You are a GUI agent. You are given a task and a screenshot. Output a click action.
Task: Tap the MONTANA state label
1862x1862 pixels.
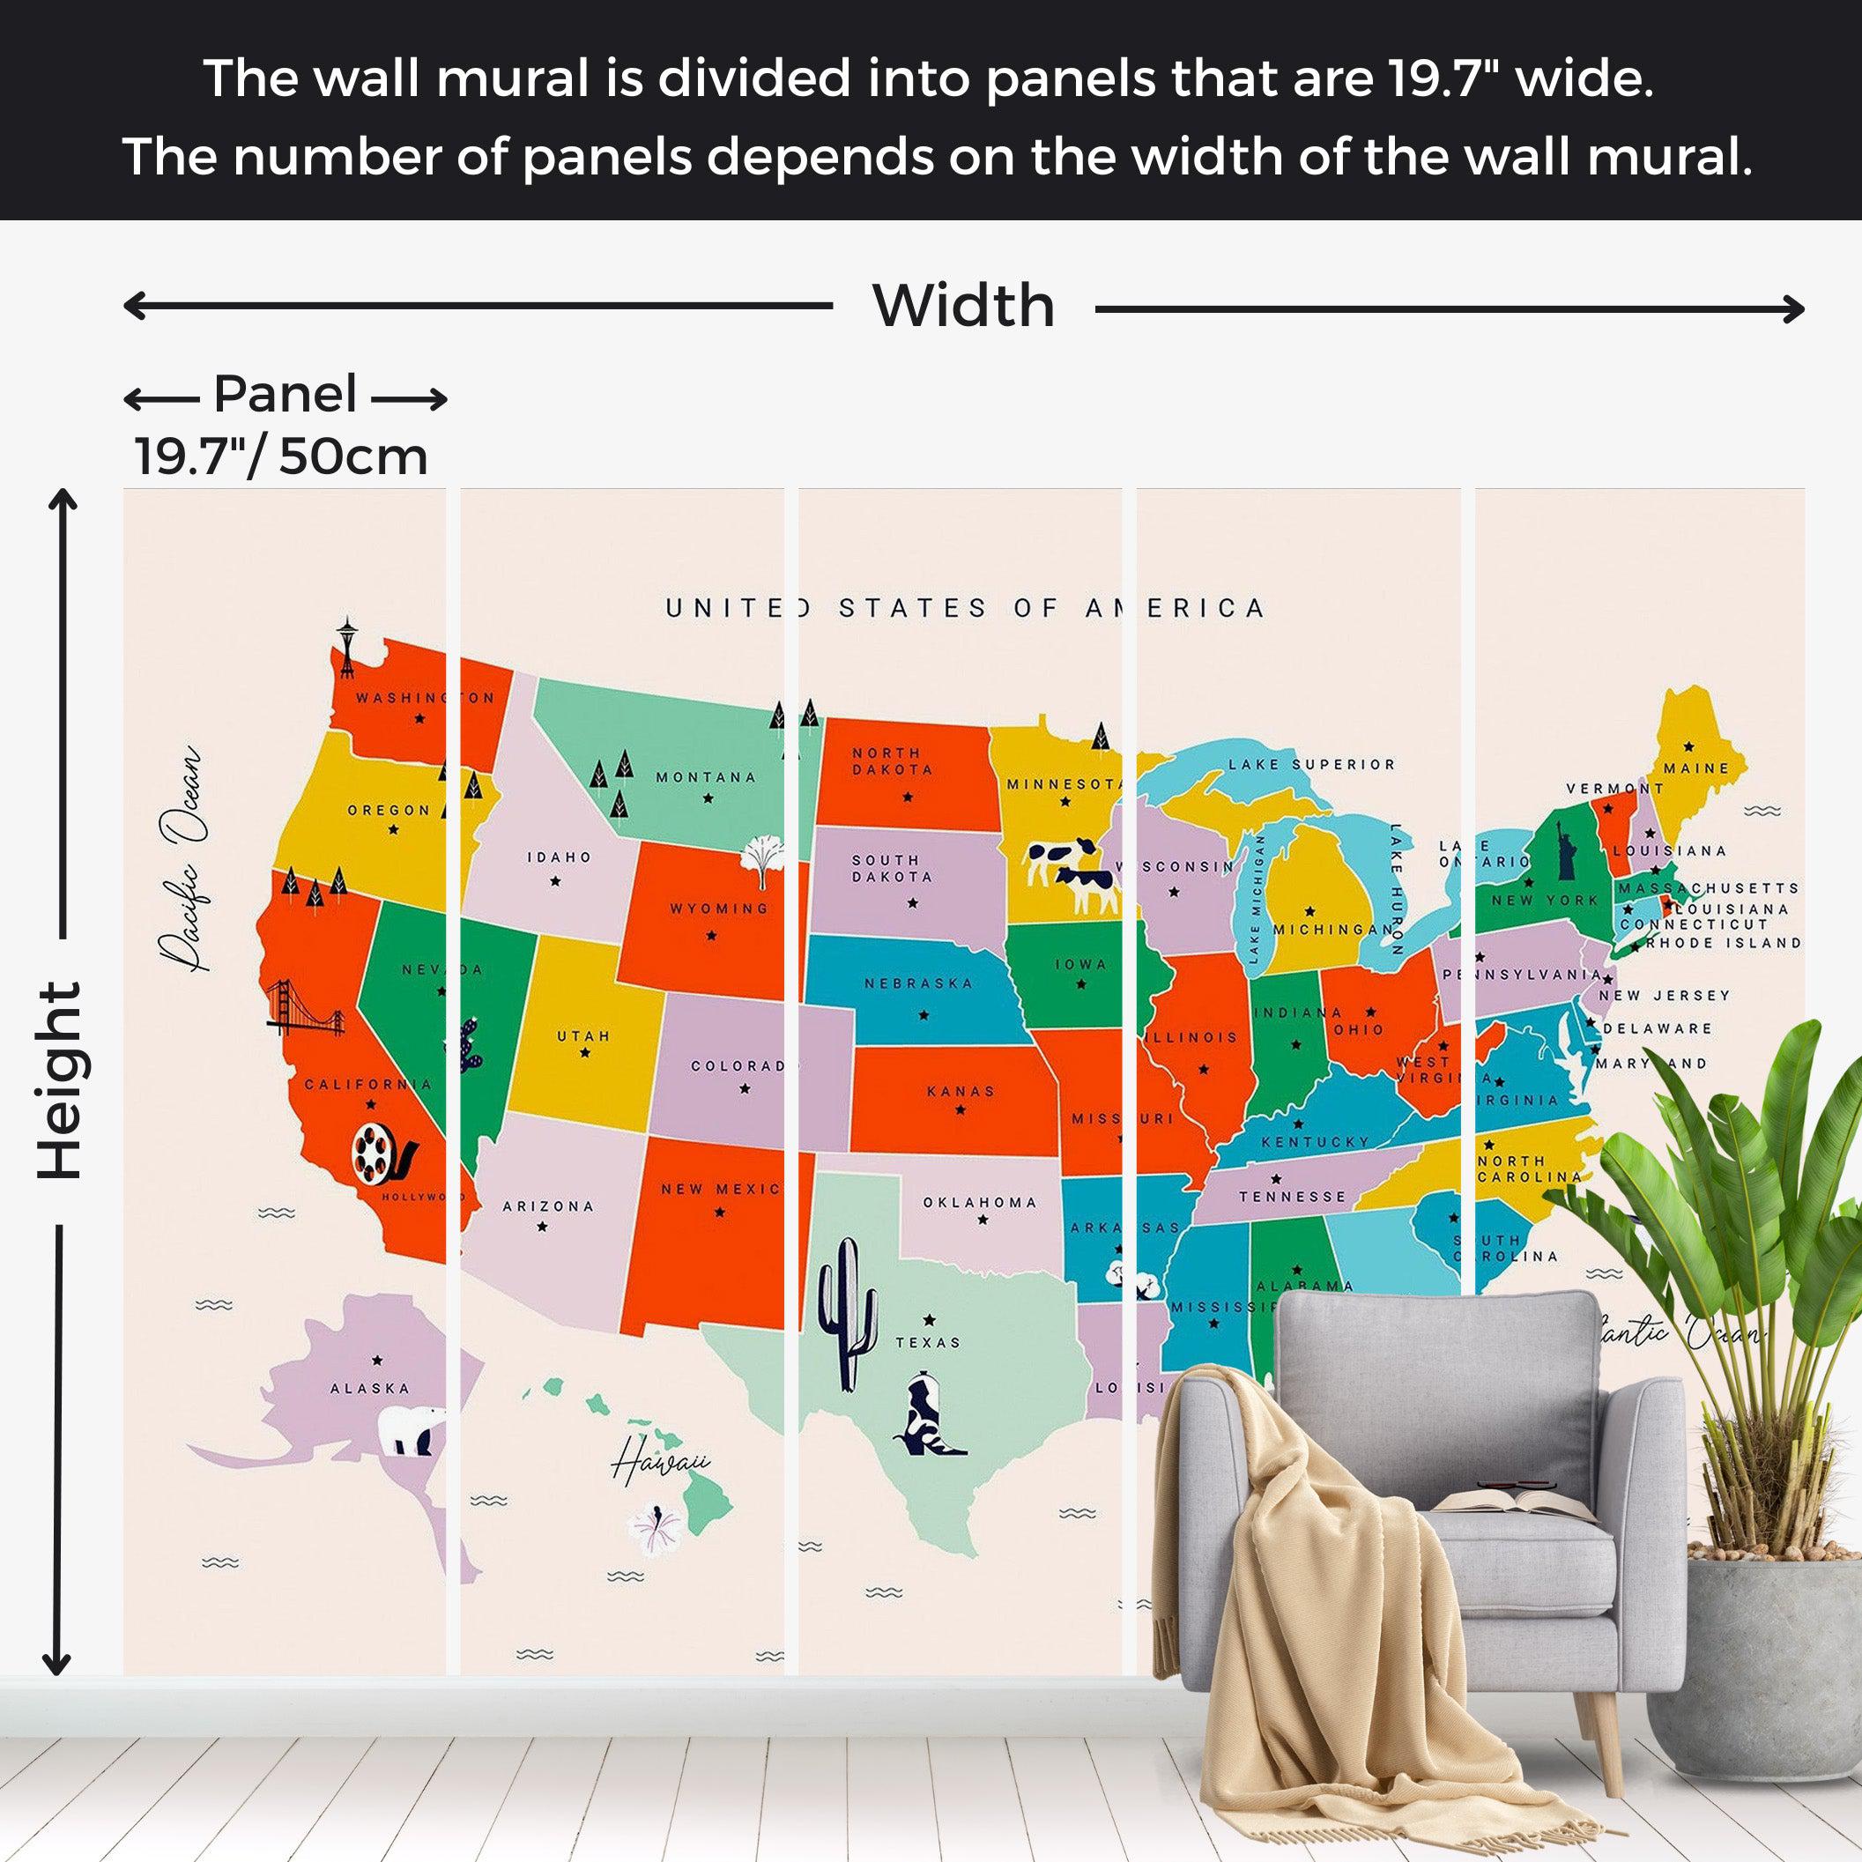(x=706, y=778)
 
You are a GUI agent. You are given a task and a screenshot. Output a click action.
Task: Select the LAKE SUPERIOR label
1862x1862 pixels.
(x=1310, y=764)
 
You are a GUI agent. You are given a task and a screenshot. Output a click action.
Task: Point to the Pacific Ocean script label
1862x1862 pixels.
(x=184, y=857)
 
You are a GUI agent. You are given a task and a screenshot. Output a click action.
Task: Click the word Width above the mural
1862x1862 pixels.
(x=963, y=307)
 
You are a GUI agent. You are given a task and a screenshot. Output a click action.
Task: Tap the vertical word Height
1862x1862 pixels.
(x=61, y=1080)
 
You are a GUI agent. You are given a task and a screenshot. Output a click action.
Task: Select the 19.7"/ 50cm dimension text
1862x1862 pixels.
(x=280, y=456)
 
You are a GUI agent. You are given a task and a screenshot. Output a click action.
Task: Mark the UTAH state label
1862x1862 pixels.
(x=583, y=1036)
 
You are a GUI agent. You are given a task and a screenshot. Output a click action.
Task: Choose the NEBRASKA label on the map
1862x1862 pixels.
(x=918, y=984)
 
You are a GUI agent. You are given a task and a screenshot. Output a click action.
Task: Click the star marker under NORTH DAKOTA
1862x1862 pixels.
(x=907, y=797)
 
